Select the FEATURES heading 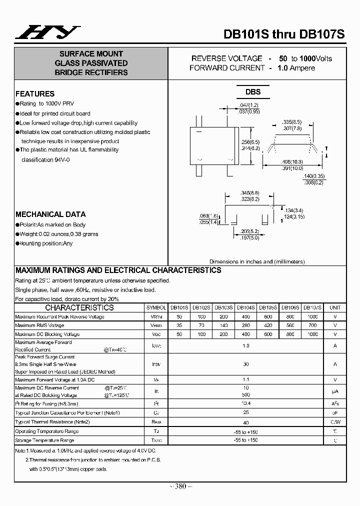click(35, 93)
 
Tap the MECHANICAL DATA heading click(50, 214)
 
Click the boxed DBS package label click(252, 92)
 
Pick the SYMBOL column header click(156, 308)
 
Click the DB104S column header click(245, 308)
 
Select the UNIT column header click(335, 308)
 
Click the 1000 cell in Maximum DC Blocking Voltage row click(312, 334)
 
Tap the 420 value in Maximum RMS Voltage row click(268, 325)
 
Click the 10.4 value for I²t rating click(245, 403)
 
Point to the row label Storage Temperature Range click(44, 440)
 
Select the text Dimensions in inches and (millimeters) click(257, 261)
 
